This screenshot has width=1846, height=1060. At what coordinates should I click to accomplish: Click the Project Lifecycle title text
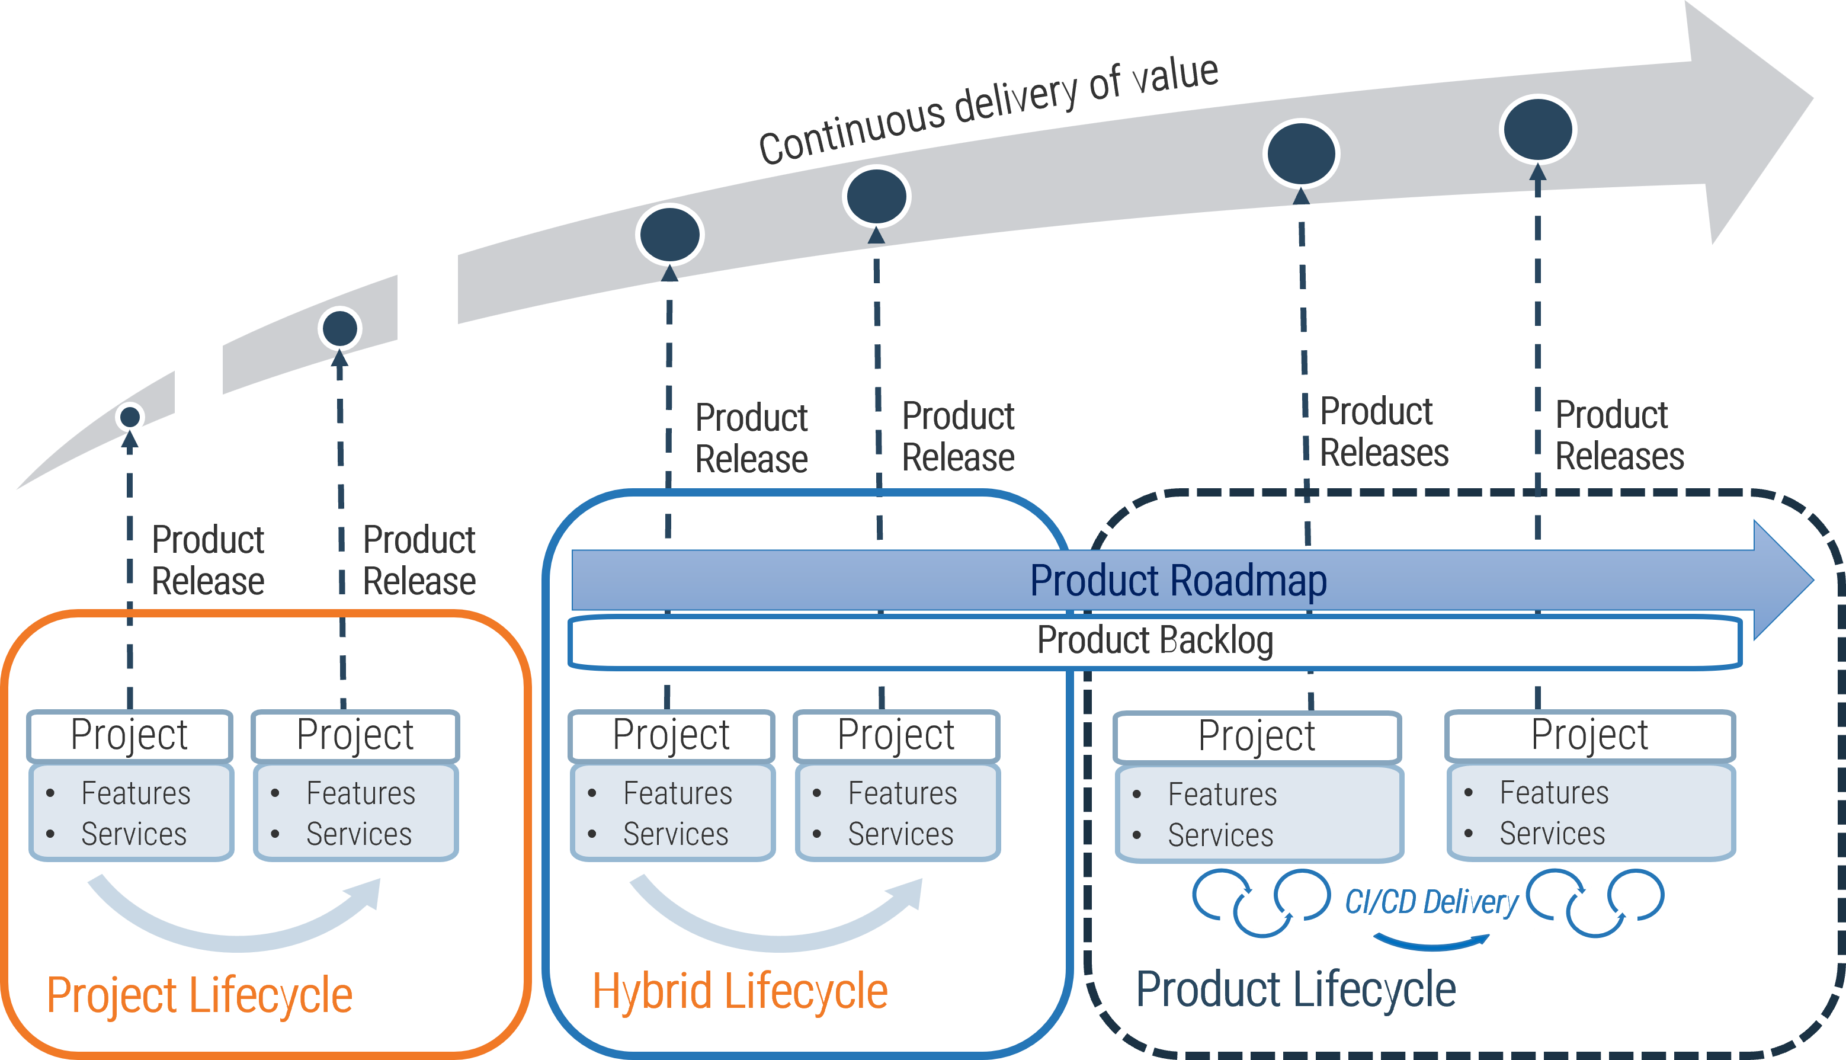[200, 995]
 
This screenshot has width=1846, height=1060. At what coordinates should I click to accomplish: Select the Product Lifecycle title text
[1296, 990]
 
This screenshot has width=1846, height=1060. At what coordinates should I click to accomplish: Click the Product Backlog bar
[1155, 641]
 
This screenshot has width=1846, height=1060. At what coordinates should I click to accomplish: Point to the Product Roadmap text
[1178, 581]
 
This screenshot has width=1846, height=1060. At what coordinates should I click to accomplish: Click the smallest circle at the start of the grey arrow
[130, 417]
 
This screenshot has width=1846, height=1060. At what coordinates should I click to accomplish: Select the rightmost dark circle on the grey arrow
[1537, 129]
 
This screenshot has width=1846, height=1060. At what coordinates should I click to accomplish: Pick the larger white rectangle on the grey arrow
[427, 299]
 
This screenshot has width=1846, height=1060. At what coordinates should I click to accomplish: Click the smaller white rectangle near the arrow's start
[198, 392]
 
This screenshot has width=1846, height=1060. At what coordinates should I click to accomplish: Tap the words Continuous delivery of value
[989, 109]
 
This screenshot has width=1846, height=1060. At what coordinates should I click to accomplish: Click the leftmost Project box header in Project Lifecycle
[130, 735]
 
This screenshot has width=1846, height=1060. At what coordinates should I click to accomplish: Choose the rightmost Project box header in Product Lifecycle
[1589, 735]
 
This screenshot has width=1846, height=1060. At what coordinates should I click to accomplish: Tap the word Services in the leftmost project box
[134, 834]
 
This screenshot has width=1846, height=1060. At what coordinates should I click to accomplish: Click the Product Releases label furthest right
[1619, 435]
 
